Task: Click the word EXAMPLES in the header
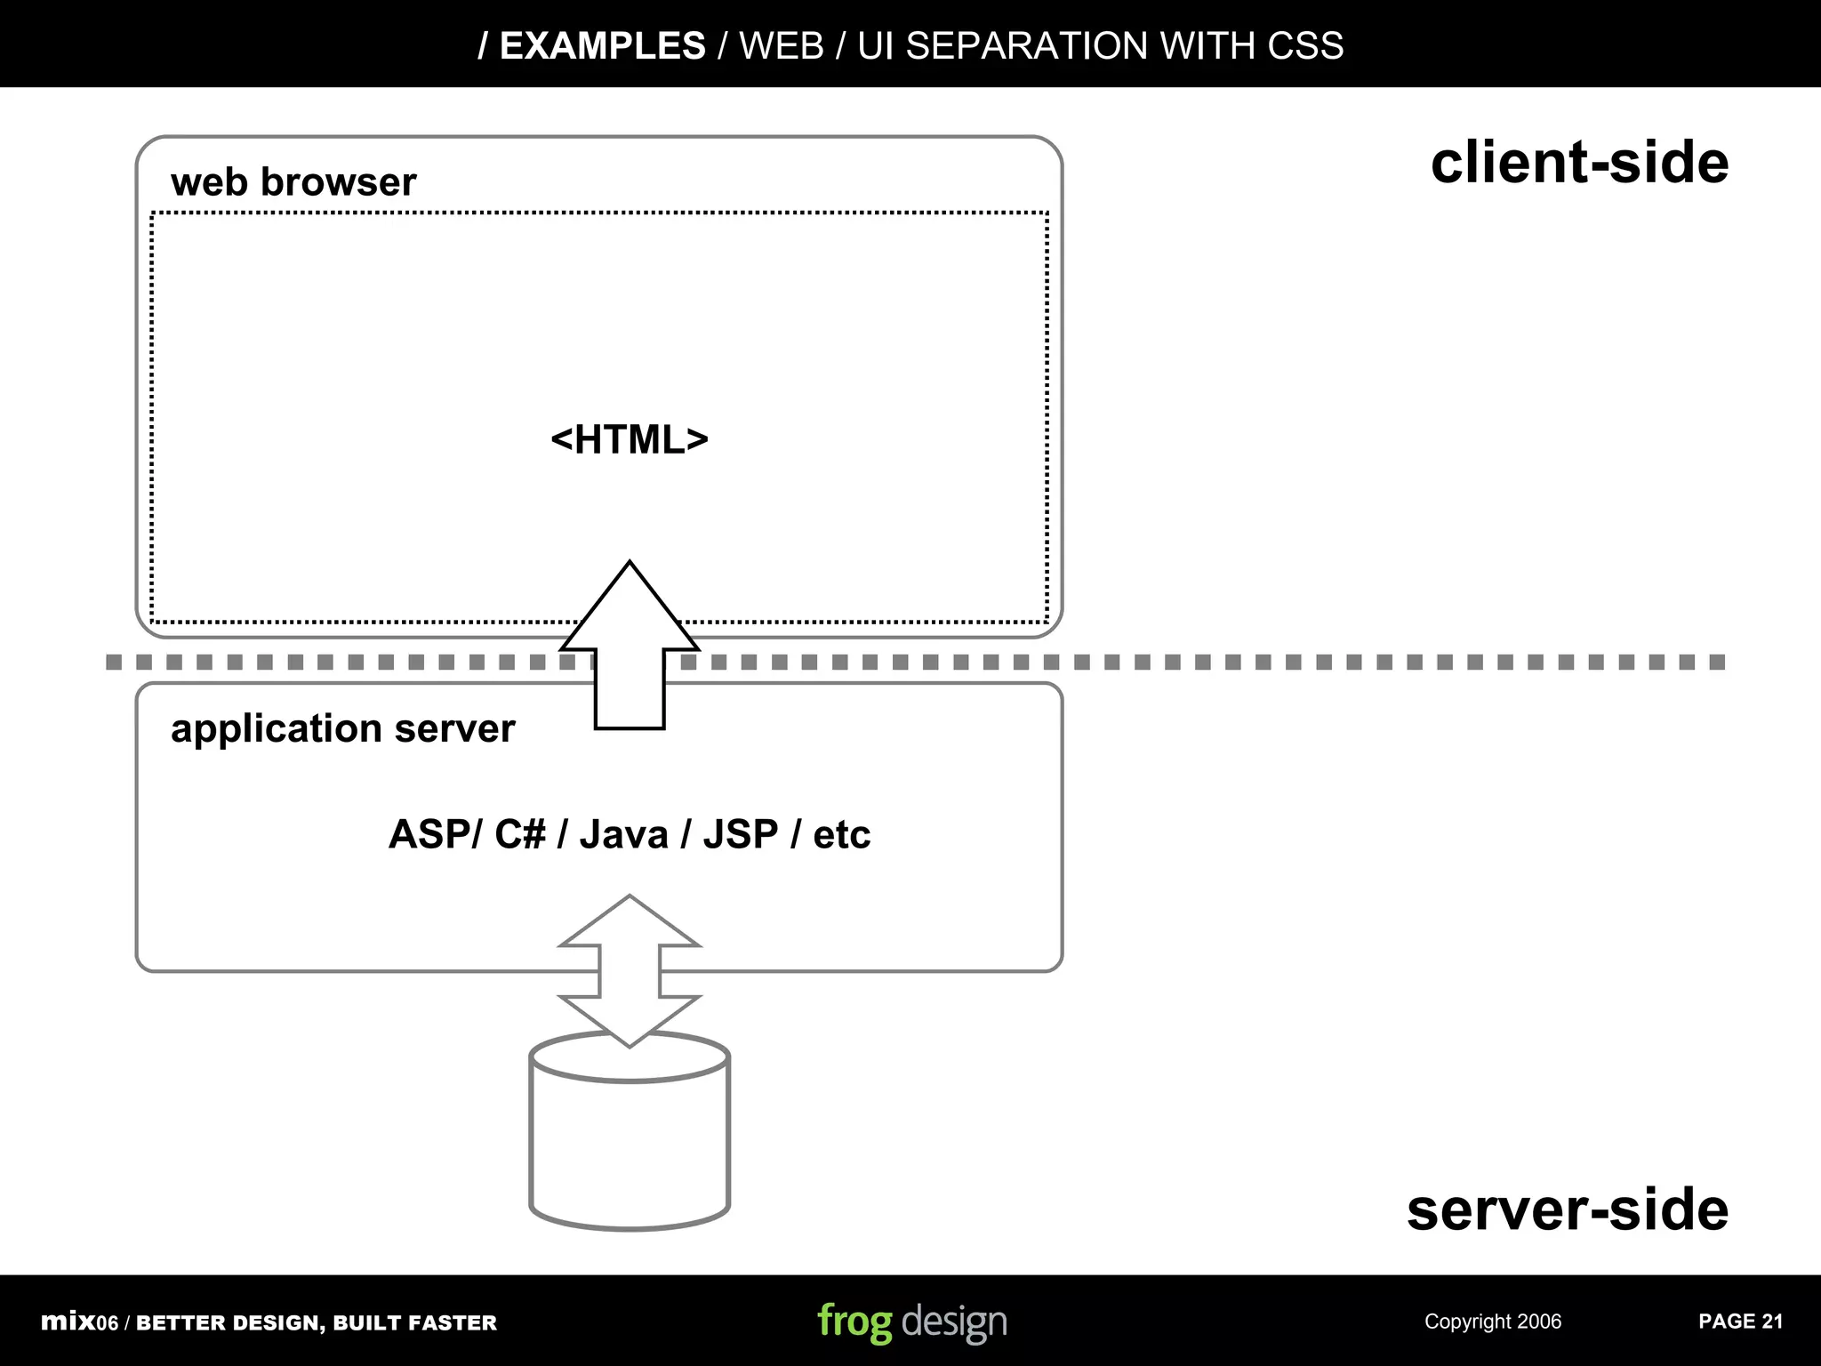tap(602, 45)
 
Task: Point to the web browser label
tap(293, 182)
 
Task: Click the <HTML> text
tap(630, 439)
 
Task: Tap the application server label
tap(342, 728)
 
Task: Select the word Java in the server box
tap(623, 834)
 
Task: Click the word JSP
tap(740, 834)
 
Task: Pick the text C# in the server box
tap(519, 834)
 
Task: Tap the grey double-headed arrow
tap(630, 970)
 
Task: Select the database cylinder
tap(630, 1147)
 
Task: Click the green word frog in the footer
tap(854, 1322)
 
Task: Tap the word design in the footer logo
tap(954, 1322)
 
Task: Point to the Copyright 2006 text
tap(1492, 1322)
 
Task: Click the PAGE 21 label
tap(1740, 1322)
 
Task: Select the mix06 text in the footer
tap(79, 1322)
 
